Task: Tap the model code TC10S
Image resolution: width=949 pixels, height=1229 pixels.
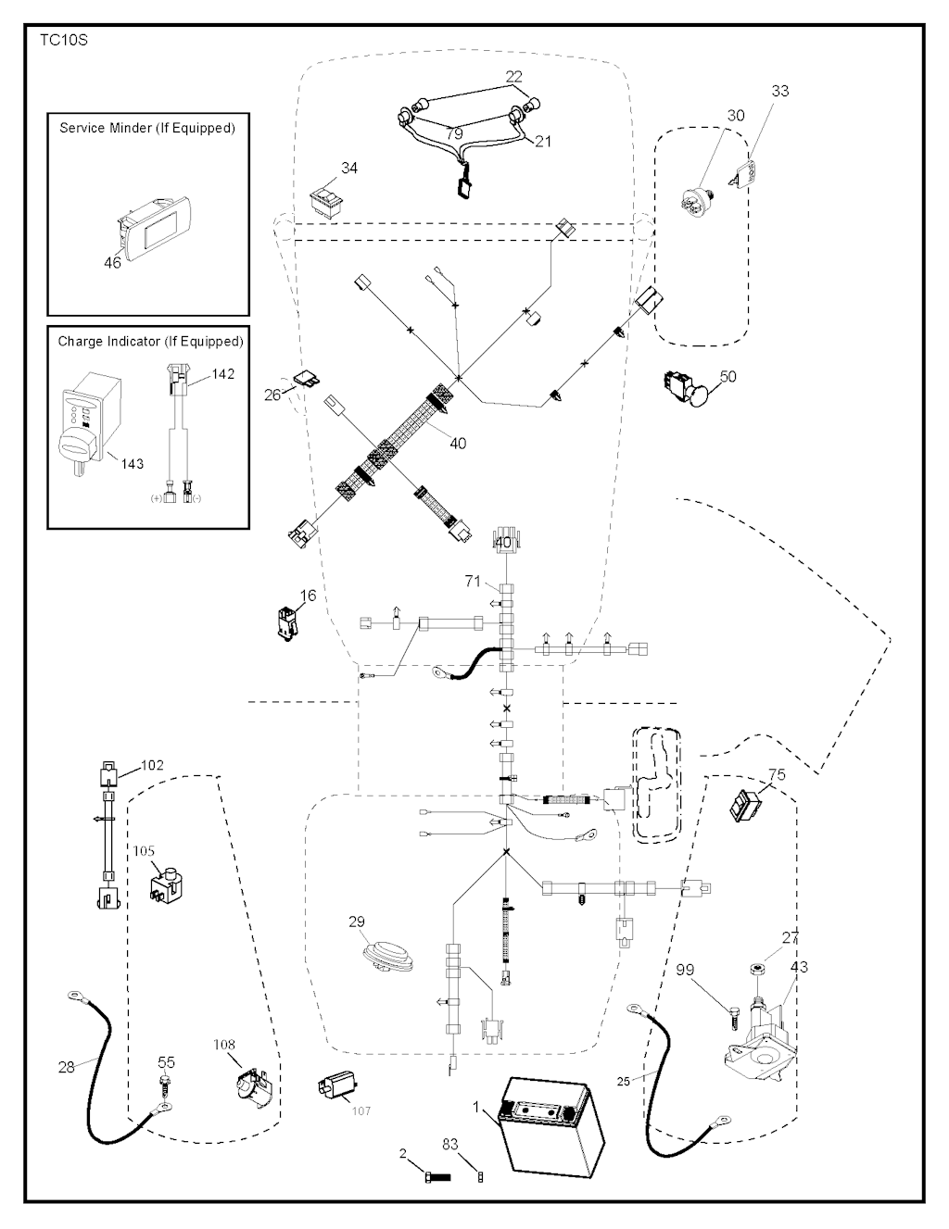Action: pos(63,41)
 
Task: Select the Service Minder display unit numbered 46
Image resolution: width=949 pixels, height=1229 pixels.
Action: pos(154,225)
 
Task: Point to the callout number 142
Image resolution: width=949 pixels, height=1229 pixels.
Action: pos(223,374)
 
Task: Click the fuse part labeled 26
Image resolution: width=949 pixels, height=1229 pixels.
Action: pos(304,379)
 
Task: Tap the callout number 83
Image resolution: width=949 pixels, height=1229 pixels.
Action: pos(450,1145)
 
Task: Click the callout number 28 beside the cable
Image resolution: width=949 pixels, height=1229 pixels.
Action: pos(67,1067)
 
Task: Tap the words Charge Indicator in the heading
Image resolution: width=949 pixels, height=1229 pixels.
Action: pos(109,342)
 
